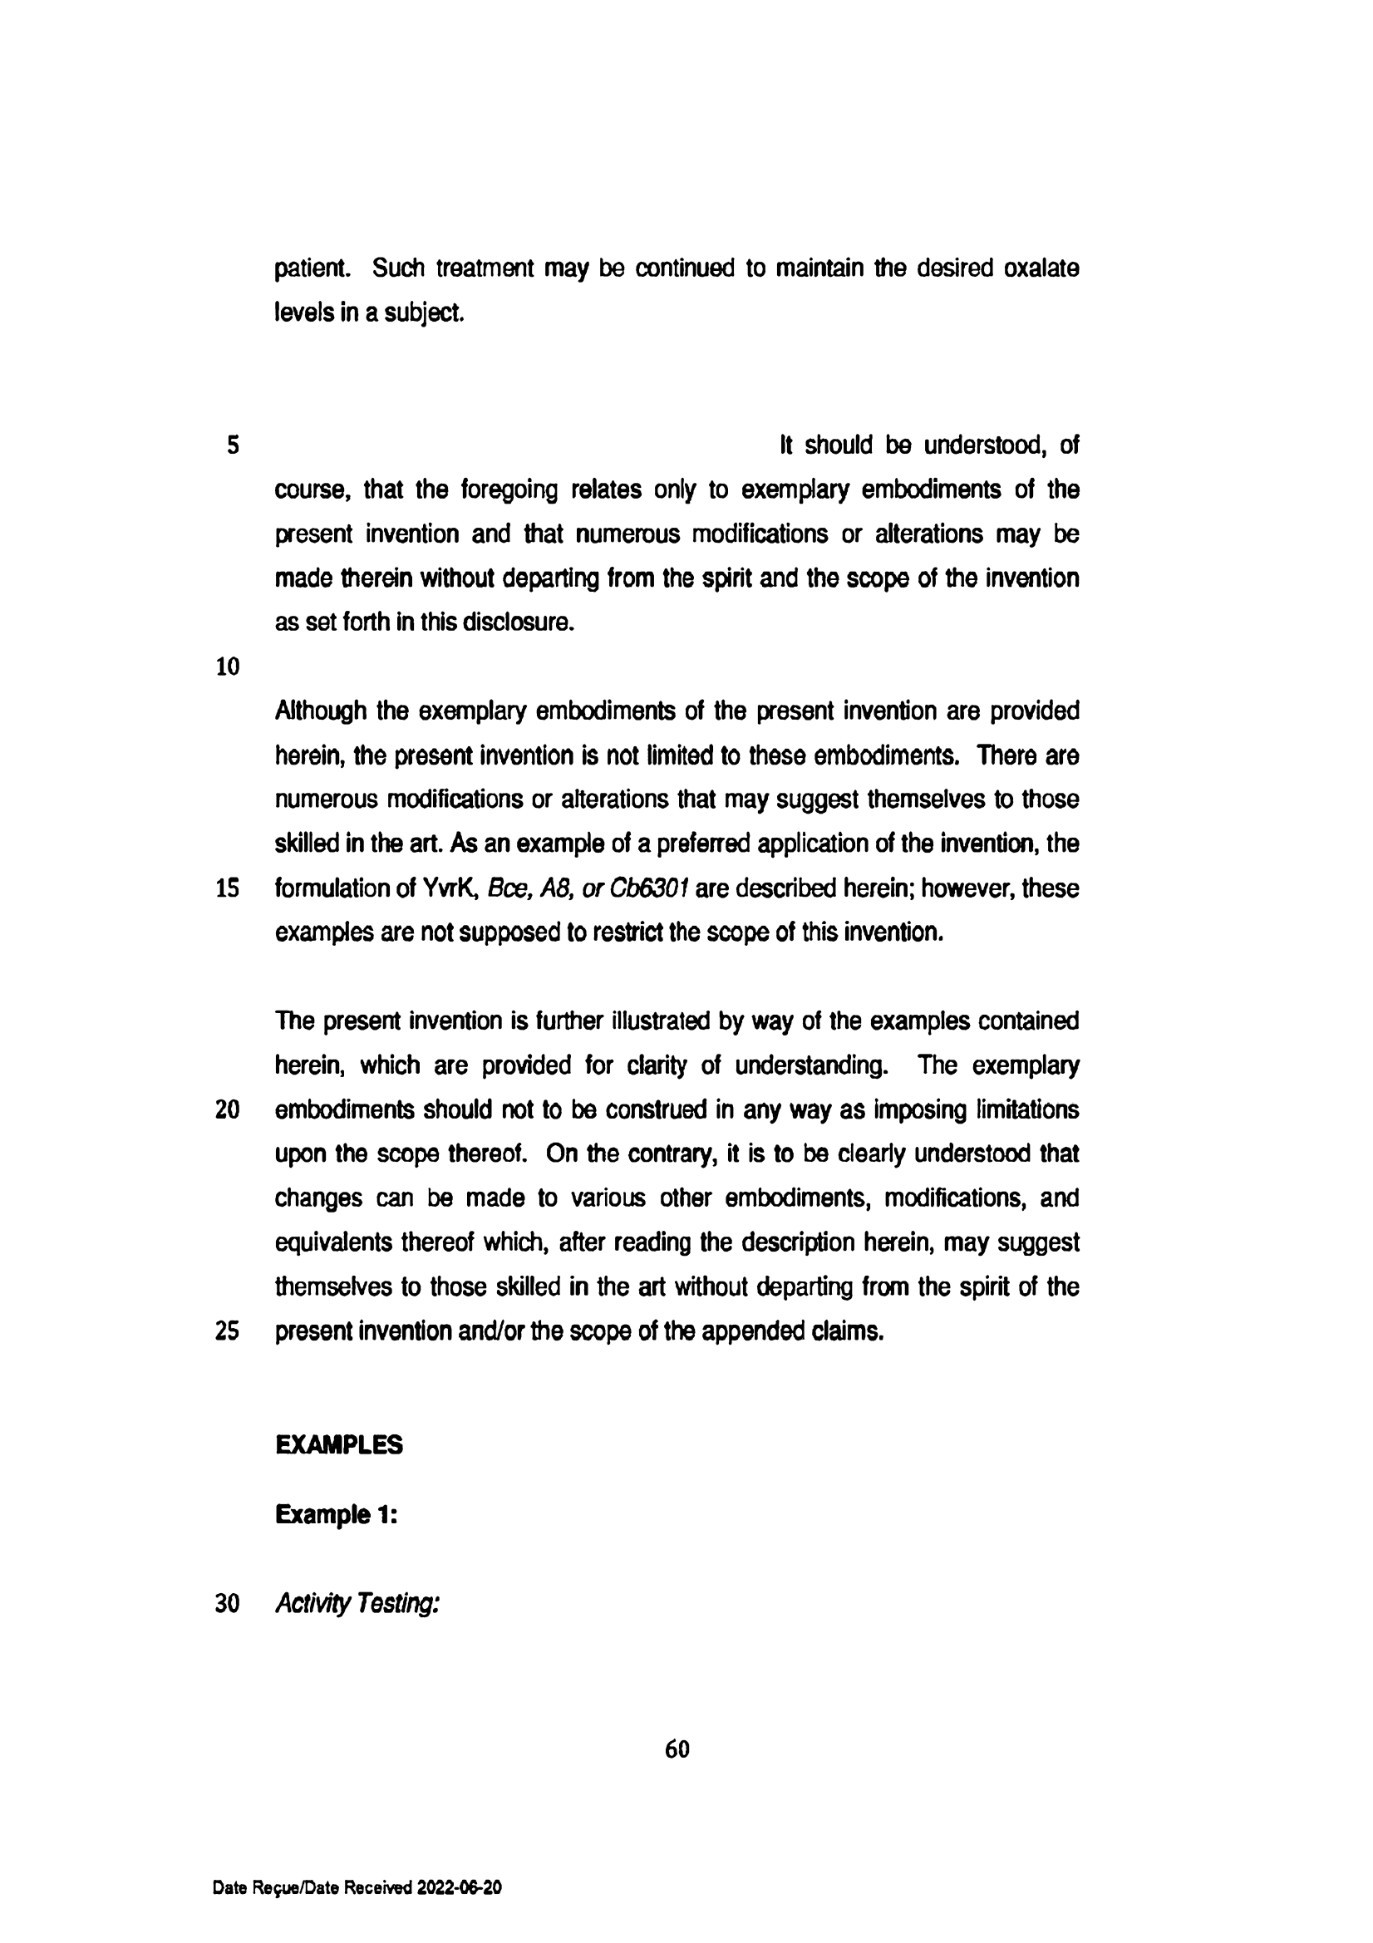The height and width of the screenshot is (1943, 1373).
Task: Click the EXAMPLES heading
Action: point(338,1444)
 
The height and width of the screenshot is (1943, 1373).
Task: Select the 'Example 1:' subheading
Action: point(336,1514)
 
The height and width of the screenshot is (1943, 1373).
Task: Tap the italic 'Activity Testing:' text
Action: point(357,1603)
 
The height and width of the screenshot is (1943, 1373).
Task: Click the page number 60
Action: point(677,1749)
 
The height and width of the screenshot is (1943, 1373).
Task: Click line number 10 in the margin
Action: point(228,667)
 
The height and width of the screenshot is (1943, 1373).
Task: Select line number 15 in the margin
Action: point(228,888)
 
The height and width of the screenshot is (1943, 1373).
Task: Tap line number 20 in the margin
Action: point(228,1109)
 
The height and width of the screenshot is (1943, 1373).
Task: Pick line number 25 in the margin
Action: point(228,1331)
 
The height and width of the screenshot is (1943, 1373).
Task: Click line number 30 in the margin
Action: point(228,1603)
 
